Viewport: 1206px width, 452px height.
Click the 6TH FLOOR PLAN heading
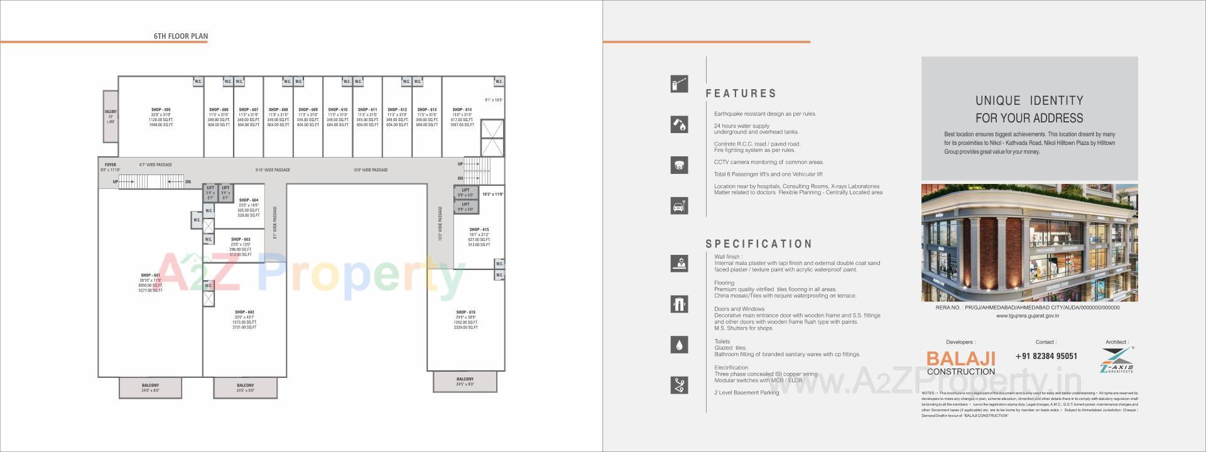coord(180,36)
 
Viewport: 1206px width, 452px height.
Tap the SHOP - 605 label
coord(161,110)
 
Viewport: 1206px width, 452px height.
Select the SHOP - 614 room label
coord(462,110)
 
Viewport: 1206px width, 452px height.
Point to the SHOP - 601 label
coord(150,276)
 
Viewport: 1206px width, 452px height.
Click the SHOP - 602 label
coord(244,313)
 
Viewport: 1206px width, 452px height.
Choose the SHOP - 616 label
coord(465,313)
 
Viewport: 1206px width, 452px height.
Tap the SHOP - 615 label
coord(479,230)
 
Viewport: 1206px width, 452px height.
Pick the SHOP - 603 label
coord(240,240)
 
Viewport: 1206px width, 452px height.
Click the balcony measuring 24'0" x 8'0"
coord(150,387)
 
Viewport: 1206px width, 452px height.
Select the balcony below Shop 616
coord(465,381)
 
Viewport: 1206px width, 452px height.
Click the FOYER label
coord(110,165)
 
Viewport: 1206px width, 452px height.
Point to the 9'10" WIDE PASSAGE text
coord(273,170)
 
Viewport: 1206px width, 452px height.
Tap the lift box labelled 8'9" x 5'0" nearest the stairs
coord(465,192)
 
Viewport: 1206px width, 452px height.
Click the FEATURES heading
coord(741,94)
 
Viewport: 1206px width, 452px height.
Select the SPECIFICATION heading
coord(759,244)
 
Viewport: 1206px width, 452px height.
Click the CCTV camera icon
coord(679,165)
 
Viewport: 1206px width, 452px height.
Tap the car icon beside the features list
coord(679,206)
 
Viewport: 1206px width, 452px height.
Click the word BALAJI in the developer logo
coord(960,358)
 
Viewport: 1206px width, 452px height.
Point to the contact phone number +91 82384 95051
coord(1046,356)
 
